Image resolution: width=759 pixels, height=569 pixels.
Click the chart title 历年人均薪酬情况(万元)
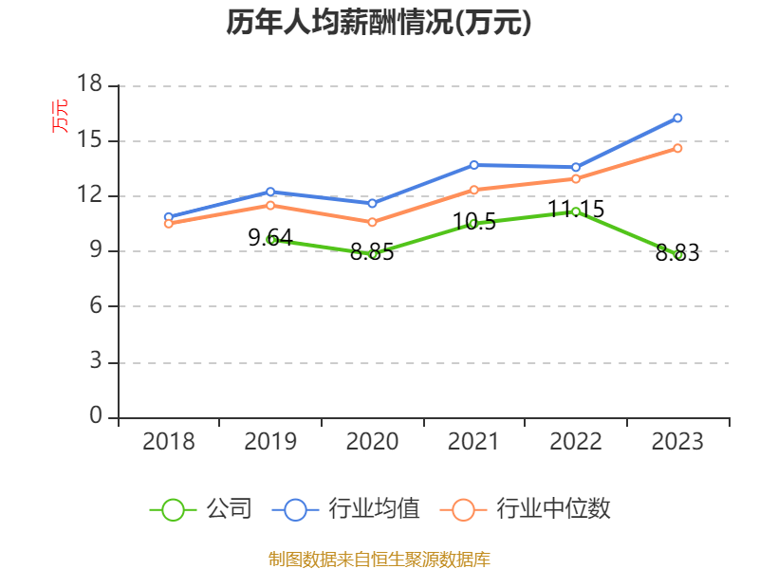tap(379, 23)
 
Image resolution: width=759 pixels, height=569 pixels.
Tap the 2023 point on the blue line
tap(677, 118)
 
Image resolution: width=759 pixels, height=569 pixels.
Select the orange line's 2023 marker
tap(677, 148)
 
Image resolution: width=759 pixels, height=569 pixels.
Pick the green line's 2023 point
tap(677, 254)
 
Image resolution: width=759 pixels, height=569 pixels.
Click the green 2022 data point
tap(575, 211)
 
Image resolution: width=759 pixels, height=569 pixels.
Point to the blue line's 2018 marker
tap(168, 216)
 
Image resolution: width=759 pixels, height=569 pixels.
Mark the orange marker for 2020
tap(372, 222)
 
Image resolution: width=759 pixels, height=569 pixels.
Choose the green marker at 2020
tap(372, 254)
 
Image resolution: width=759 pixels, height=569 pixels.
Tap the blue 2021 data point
tap(473, 165)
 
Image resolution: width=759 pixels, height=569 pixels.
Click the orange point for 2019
tap(270, 205)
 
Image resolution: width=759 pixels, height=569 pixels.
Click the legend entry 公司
tap(201, 509)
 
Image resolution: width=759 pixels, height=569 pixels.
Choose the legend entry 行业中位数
tap(526, 509)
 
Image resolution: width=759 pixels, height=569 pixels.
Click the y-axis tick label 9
tap(95, 251)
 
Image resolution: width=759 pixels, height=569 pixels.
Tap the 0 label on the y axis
tap(95, 417)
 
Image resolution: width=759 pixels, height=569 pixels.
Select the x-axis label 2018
tap(168, 442)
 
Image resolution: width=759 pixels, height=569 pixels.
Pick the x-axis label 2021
tap(473, 442)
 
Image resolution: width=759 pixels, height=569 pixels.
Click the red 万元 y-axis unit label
tap(60, 116)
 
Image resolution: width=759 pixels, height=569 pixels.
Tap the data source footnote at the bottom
tap(379, 559)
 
